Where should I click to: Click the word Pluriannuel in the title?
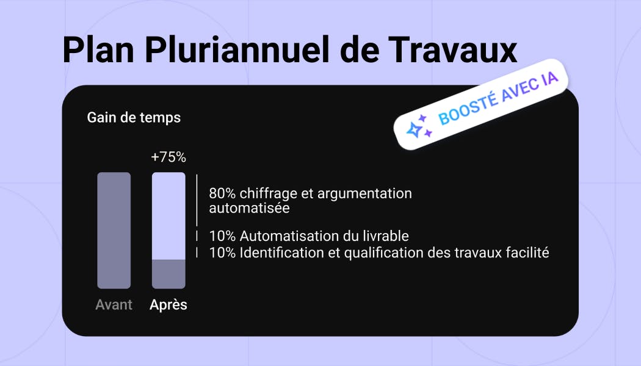pos(237,50)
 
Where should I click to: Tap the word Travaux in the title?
pos(452,50)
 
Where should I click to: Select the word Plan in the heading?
pos(98,50)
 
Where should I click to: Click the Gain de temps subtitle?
pos(134,118)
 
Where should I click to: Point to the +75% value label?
pos(168,157)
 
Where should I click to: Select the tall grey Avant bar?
pos(114,231)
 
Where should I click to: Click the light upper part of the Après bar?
pos(169,216)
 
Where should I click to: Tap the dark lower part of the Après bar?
pos(169,274)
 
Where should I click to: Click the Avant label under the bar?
pos(114,305)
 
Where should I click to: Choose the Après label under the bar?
pos(168,305)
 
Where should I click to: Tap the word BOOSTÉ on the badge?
pos(468,108)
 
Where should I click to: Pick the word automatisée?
pos(249,209)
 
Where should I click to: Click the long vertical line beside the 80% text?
pos(197,200)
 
